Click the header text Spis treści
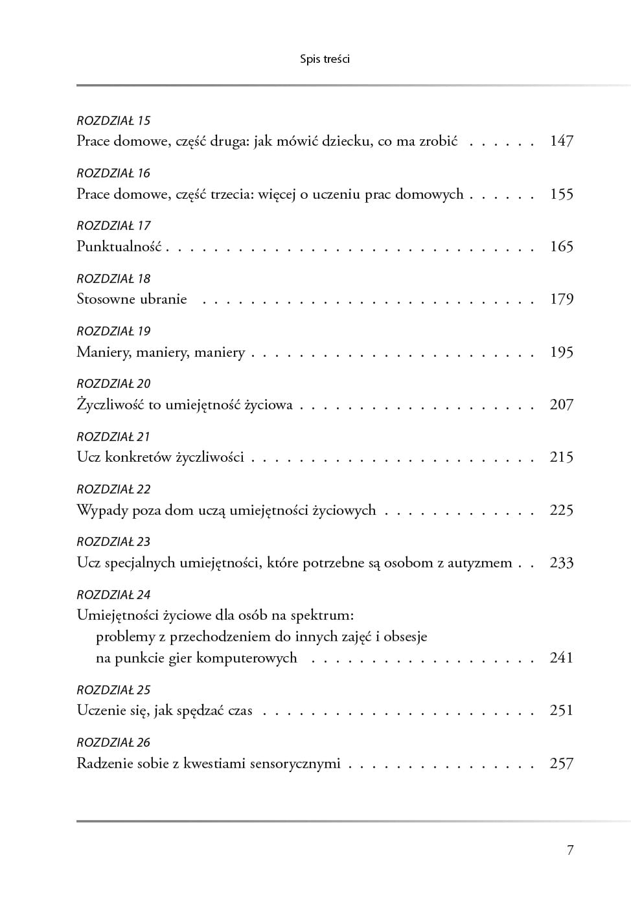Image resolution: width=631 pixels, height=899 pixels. click(325, 59)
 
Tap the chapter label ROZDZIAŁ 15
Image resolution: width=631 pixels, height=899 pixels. click(113, 120)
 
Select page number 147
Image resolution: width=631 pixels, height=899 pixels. click(561, 141)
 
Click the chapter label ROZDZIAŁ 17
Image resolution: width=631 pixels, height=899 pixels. click(113, 226)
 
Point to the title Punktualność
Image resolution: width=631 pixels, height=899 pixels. click(119, 246)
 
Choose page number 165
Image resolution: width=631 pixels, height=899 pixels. click(561, 246)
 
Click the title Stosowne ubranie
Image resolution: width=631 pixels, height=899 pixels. click(132, 299)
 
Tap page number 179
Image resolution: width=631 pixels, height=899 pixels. click(561, 299)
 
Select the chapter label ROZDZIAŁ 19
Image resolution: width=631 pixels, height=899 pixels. click(113, 332)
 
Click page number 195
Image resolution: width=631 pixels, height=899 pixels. click(561, 352)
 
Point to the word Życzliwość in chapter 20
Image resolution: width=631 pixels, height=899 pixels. click(109, 405)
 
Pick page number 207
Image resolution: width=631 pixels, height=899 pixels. click(561, 405)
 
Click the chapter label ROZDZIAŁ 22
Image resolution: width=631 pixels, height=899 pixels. click(113, 490)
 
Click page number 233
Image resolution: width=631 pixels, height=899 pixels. click(561, 563)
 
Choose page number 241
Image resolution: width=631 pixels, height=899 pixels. click(561, 658)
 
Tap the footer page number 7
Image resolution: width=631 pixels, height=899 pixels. click(570, 850)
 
